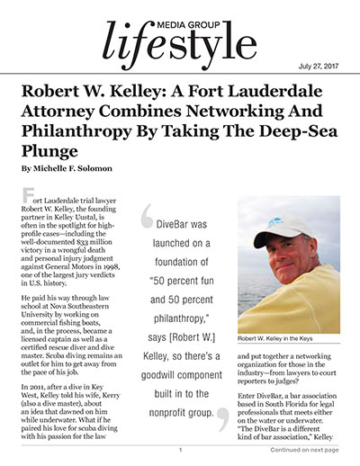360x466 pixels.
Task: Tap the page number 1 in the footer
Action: [x=180, y=450]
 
